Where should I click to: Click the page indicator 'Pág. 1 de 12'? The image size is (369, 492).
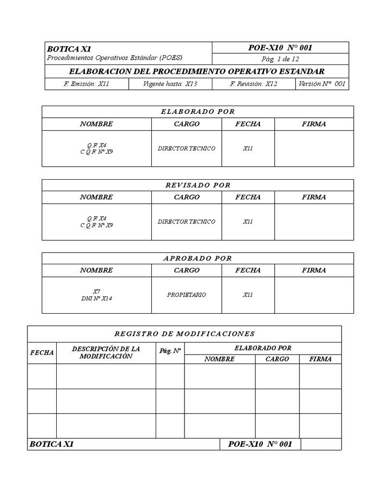point(280,59)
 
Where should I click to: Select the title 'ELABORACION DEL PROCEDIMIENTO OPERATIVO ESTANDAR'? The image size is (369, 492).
point(197,72)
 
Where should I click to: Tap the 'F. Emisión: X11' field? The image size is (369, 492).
point(87,84)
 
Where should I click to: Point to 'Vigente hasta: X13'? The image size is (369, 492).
point(170,84)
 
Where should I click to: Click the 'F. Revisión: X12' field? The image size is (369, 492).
point(254,84)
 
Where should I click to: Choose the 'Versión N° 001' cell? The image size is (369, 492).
point(321,84)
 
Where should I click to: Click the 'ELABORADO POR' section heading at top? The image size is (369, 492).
point(197,111)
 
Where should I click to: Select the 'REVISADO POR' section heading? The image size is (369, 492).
point(197,185)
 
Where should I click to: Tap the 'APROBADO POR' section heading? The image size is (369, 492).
point(197,258)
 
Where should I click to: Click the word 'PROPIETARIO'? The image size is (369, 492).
point(186,295)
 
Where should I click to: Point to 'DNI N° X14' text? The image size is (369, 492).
point(97,298)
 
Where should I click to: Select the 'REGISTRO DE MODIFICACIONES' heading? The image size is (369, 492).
point(184,333)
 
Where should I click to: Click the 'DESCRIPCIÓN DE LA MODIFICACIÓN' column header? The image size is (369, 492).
point(106,352)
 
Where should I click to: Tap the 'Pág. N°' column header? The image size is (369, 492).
point(170,351)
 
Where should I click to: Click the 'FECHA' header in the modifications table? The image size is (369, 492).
point(42,353)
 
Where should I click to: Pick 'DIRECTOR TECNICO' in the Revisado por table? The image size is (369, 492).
point(186,222)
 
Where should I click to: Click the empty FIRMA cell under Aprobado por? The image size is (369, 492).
point(314,295)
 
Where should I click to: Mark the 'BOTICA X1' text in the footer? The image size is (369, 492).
point(51,444)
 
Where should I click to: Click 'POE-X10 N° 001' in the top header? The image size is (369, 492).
point(280,48)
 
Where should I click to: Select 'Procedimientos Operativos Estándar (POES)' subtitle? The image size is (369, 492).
point(114,58)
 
